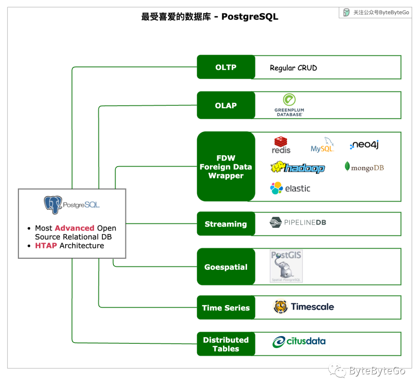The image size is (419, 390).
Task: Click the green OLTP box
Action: [x=226, y=67]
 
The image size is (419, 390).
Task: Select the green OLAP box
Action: [x=226, y=105]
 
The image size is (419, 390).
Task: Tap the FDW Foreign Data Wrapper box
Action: [x=226, y=166]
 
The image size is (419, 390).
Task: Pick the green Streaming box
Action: [x=226, y=224]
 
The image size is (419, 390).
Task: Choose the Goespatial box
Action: [x=226, y=267]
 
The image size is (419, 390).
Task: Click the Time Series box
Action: [x=226, y=308]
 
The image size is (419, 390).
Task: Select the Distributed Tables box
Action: [x=226, y=344]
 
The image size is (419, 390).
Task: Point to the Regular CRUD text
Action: [x=293, y=68]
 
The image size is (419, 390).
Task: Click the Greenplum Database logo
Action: [x=289, y=105]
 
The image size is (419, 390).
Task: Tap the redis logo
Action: [x=281, y=145]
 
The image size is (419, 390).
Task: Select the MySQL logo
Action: [x=323, y=145]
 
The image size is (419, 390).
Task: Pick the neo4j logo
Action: [x=364, y=145]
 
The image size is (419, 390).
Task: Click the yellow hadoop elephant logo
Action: [x=297, y=167]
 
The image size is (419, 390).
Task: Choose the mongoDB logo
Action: [x=364, y=167]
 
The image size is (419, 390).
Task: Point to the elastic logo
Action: [x=290, y=188]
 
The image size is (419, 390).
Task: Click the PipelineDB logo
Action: [x=298, y=222]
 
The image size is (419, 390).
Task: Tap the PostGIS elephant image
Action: [x=286, y=266]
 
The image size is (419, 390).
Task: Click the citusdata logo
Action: [x=299, y=342]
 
